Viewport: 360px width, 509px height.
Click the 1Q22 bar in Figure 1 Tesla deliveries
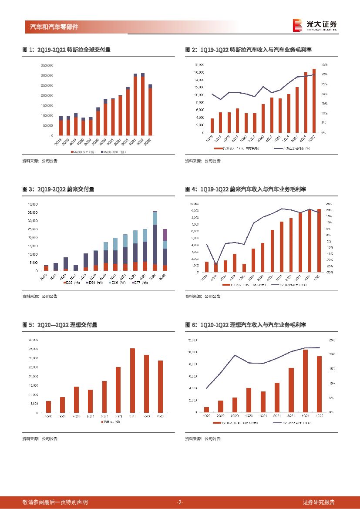coord(143,104)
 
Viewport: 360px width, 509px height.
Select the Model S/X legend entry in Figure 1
coord(112,152)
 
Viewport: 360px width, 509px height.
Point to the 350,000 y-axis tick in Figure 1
coord(47,65)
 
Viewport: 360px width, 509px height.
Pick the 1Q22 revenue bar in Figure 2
coord(314,101)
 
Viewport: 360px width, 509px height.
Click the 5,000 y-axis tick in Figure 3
coord(33,263)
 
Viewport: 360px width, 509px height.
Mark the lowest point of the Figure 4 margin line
coord(215,264)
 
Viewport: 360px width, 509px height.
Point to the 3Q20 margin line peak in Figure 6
coord(235,355)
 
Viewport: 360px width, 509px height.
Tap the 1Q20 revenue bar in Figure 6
coord(206,409)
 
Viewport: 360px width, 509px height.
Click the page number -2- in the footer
coord(180,502)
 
